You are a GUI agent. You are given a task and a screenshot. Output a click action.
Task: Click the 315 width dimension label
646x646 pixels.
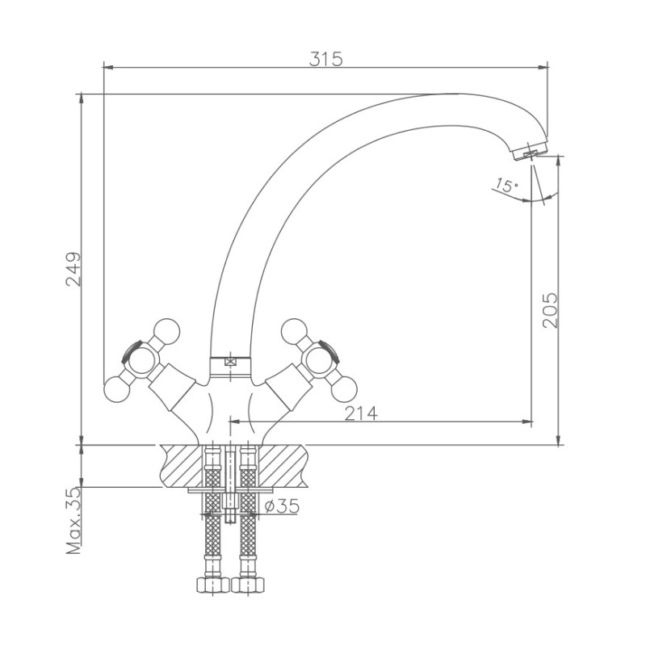(325, 59)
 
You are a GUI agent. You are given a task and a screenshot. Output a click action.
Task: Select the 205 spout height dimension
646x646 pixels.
(550, 310)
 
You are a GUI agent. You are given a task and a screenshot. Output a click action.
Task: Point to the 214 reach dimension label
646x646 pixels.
(361, 413)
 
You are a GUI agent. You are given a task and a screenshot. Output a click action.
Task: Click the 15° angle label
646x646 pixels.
(506, 185)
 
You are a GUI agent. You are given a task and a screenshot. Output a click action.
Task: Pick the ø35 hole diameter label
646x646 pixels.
(282, 505)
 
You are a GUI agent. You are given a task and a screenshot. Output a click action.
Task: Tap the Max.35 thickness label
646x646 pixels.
(73, 521)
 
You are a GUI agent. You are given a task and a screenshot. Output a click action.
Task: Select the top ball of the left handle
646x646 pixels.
(166, 332)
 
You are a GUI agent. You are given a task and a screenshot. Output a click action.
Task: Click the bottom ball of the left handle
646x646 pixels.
(116, 388)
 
